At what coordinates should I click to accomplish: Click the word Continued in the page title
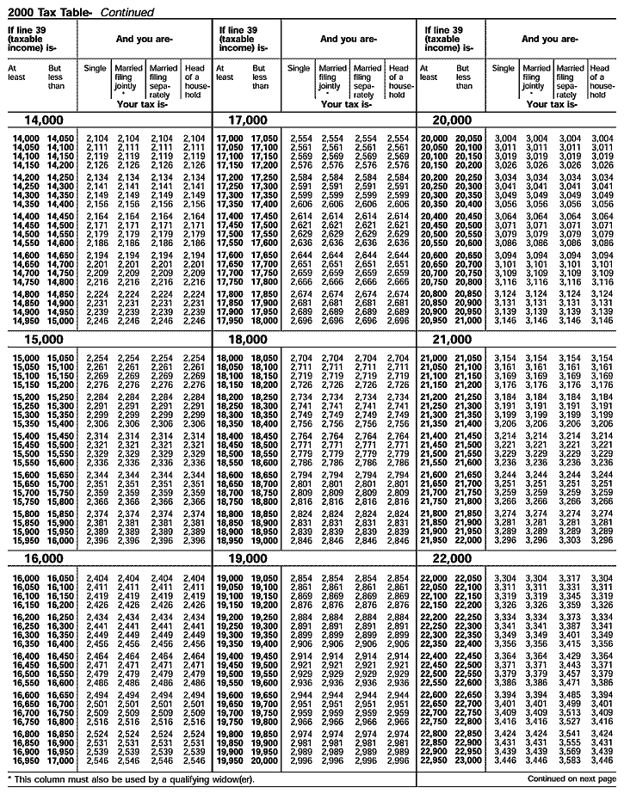[x=127, y=12]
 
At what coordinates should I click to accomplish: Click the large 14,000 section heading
[x=38, y=120]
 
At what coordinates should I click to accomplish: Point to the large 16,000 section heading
[x=38, y=559]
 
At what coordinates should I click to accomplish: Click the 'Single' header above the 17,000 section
[x=299, y=68]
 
